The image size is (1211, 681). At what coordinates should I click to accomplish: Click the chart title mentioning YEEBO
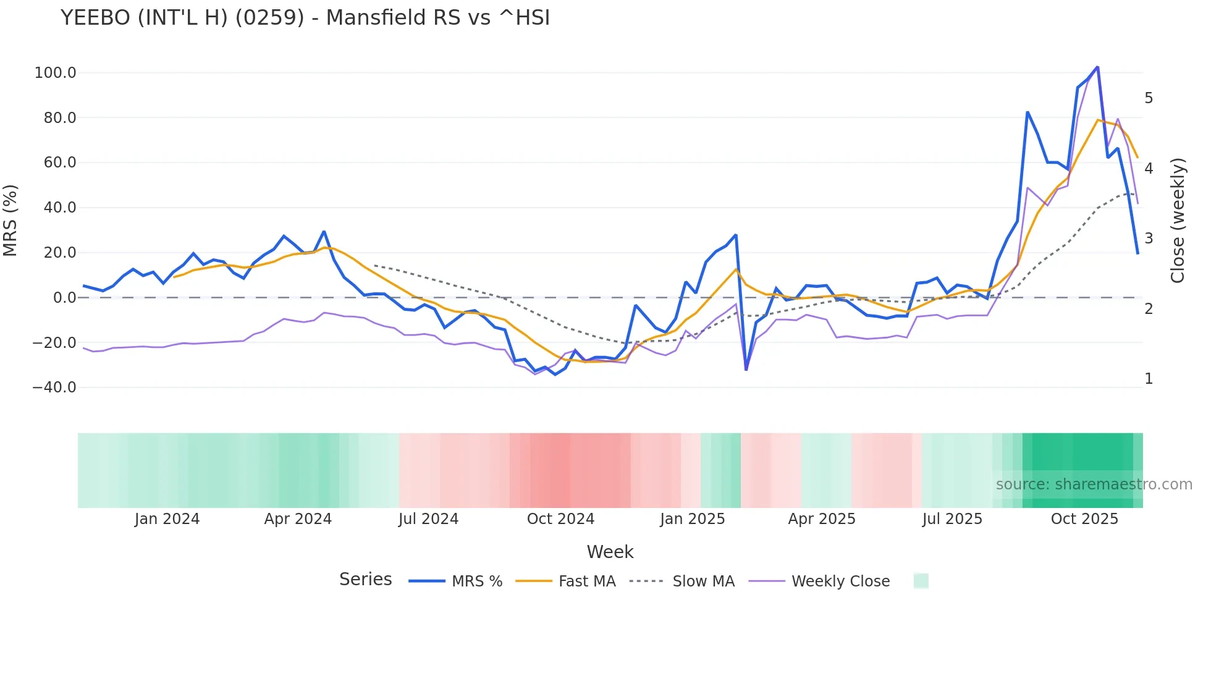click(305, 18)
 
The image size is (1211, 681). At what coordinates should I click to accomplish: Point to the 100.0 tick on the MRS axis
click(55, 73)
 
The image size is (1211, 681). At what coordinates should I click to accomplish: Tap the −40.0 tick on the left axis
click(54, 387)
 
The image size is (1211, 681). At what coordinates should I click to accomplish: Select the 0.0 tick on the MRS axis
click(64, 298)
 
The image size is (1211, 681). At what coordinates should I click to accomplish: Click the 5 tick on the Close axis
click(1149, 98)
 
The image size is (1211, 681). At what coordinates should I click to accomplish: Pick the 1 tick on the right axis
click(1149, 379)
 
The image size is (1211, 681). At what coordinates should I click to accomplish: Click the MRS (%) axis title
click(11, 220)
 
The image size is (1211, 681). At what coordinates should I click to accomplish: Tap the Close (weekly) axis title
click(1178, 220)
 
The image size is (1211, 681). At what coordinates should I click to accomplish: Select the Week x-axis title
click(610, 552)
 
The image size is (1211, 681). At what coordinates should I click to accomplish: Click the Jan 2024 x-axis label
click(167, 519)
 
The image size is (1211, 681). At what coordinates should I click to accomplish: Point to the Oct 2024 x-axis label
click(560, 519)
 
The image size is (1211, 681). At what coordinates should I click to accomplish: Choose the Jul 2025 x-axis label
click(952, 519)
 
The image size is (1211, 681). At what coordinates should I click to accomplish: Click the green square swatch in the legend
click(921, 581)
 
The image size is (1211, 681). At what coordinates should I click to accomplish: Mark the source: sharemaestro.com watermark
click(1094, 484)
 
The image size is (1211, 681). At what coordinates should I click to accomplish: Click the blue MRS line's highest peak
click(1097, 67)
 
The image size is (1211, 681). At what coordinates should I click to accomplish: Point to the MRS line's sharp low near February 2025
click(746, 370)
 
